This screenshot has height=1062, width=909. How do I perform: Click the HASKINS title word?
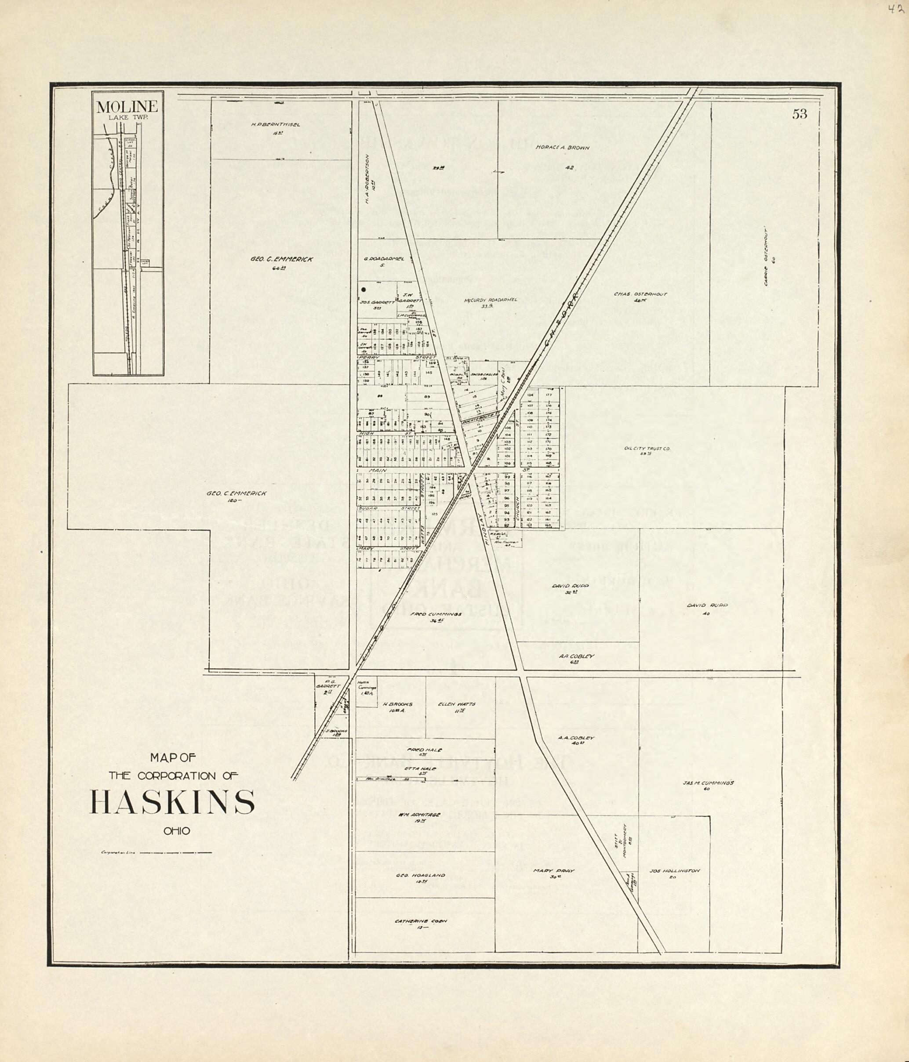tap(172, 803)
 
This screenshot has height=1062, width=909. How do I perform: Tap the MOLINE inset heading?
tap(127, 107)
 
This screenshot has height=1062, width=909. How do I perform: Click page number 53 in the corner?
tap(799, 114)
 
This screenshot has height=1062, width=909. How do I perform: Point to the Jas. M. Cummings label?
tap(709, 783)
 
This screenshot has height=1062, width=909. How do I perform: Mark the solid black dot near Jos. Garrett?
tap(364, 290)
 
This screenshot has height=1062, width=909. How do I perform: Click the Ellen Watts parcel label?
tap(456, 704)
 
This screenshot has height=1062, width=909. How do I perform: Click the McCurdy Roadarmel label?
tap(491, 300)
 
